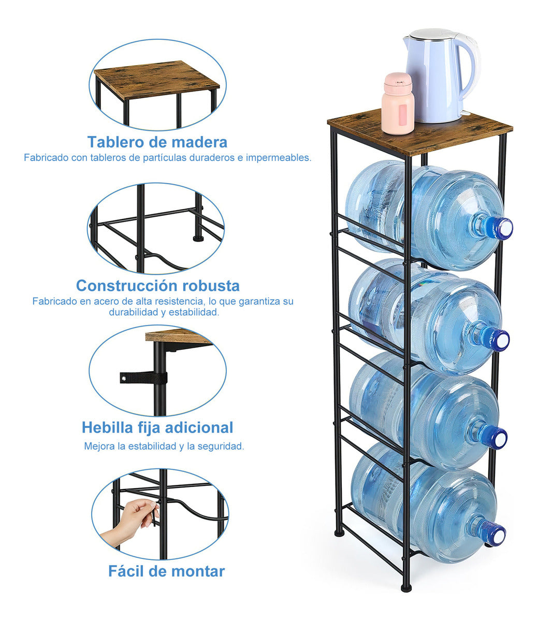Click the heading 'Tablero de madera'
[x=157, y=142]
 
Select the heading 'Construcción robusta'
[x=157, y=285]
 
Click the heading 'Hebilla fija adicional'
[x=157, y=427]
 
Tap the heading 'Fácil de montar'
[x=166, y=571]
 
